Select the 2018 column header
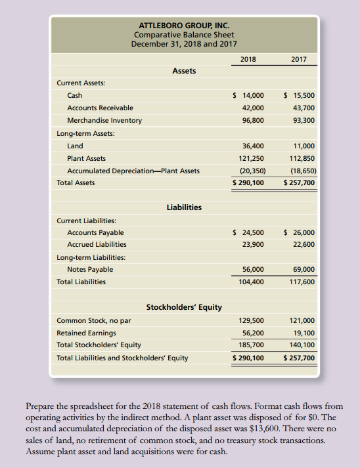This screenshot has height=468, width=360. click(248, 59)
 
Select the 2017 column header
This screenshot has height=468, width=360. click(299, 59)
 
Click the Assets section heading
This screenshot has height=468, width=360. click(183, 70)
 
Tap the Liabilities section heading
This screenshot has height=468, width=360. click(184, 207)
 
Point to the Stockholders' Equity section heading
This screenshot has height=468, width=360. click(183, 307)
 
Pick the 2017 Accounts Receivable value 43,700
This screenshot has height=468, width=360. click(302, 108)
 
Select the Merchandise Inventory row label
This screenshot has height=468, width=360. click(104, 120)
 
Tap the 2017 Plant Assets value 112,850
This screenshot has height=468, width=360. click(300, 158)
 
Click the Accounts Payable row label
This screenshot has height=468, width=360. click(95, 232)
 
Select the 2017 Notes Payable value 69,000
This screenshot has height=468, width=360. click(302, 269)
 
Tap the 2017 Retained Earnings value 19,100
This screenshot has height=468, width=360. click(302, 333)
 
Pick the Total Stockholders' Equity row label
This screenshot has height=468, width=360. click(99, 345)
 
